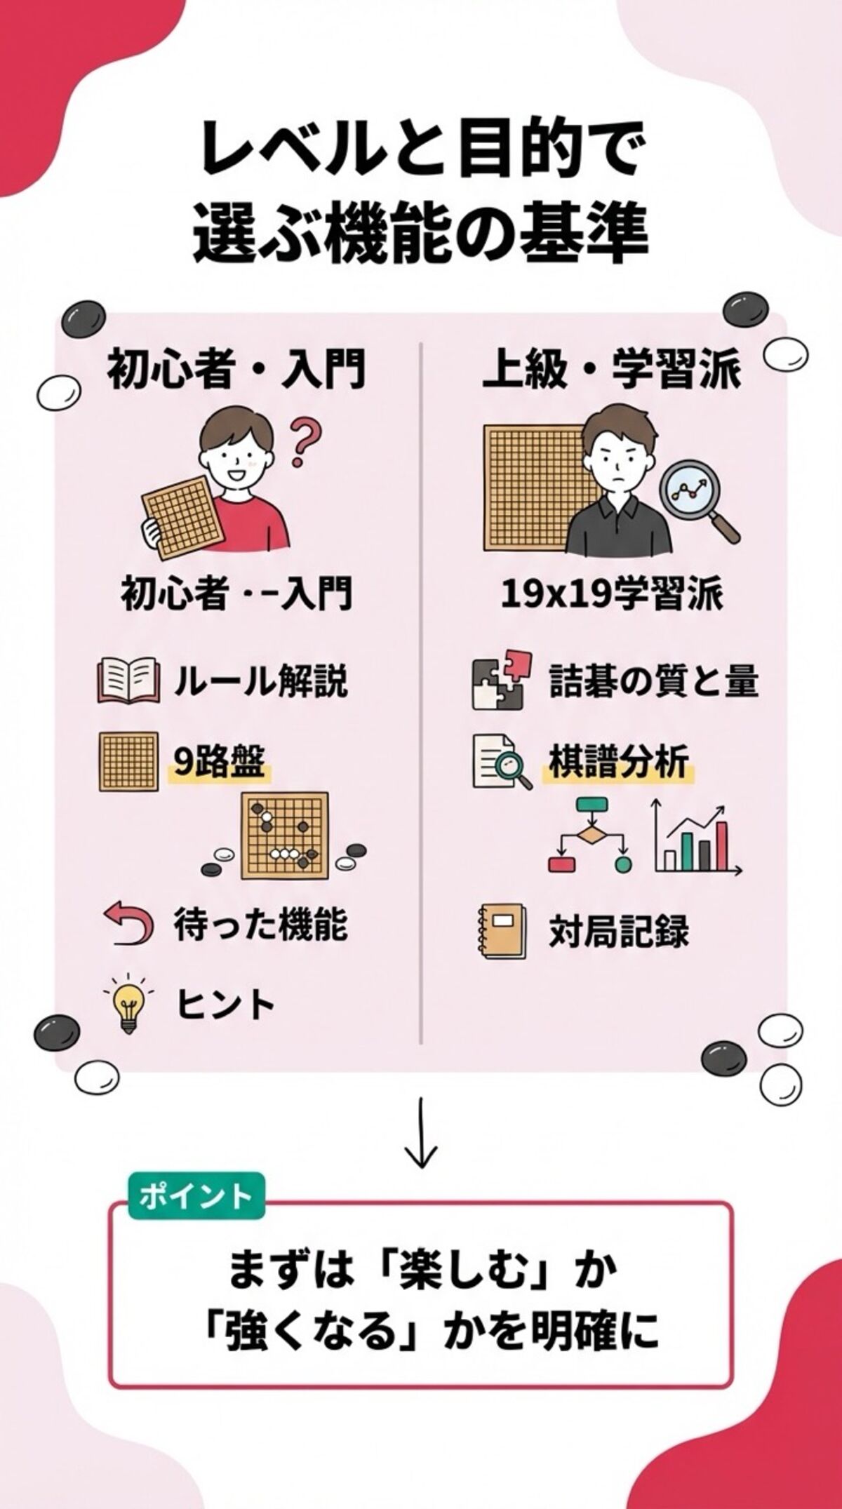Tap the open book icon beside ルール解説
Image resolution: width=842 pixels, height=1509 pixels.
pos(127,680)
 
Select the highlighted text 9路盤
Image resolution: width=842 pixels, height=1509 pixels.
pos(219,763)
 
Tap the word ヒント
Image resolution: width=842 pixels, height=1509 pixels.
pos(226,1005)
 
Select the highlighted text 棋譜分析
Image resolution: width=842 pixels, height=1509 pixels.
pos(618,763)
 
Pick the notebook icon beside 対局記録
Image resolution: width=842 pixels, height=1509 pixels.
pos(501,931)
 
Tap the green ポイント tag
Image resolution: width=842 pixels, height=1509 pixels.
pos(196,1195)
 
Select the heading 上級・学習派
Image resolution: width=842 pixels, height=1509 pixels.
pos(611,369)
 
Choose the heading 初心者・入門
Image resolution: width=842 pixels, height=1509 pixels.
pos(236,369)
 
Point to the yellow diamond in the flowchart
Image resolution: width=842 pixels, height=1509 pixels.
pos(589,835)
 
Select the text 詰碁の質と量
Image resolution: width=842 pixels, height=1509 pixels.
pos(653,681)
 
